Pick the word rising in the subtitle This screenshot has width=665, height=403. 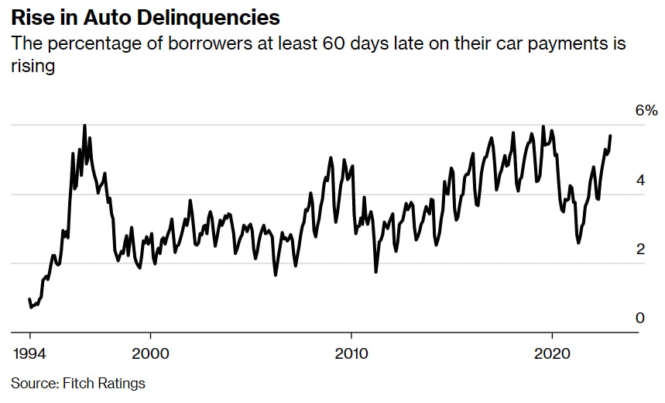[x=33, y=67]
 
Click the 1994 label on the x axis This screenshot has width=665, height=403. [x=30, y=353]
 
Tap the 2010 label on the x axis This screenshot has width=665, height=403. [x=351, y=353]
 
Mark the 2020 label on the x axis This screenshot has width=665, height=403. [x=553, y=353]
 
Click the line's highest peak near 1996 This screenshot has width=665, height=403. [x=84, y=126]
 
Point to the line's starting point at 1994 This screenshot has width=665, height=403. [x=29, y=299]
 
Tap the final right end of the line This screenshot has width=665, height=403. [x=610, y=136]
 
